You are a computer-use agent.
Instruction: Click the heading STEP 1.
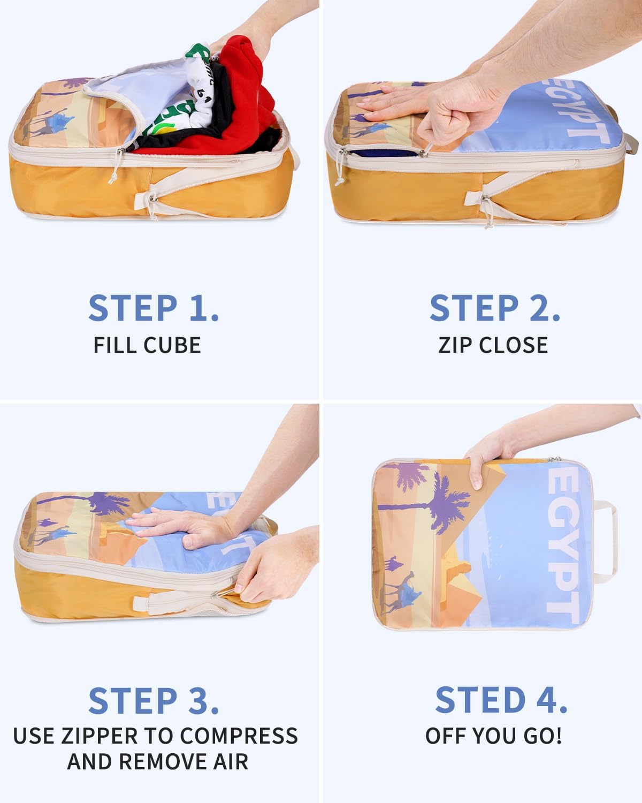coord(154,308)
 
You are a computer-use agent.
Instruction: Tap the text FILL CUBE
coord(147,345)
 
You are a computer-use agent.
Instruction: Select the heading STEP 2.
coord(495,308)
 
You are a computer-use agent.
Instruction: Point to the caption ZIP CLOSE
coord(493,345)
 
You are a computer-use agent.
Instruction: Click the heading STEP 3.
coord(154,701)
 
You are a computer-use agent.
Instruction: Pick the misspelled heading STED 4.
coord(501,700)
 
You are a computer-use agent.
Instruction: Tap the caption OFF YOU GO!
coord(493,736)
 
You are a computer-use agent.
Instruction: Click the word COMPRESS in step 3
coord(239,736)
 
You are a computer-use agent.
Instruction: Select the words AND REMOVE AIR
coord(158,761)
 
